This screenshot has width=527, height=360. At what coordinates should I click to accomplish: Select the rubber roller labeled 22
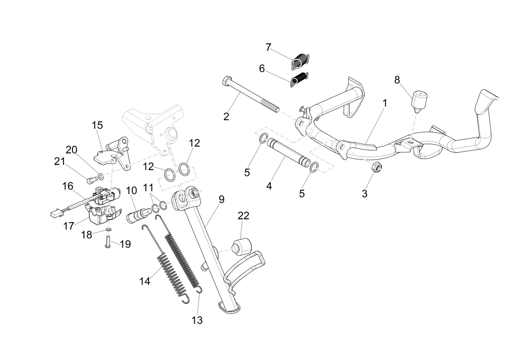coord(241,247)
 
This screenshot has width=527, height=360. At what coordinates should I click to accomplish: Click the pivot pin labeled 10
coord(137,215)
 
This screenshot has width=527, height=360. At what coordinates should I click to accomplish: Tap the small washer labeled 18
coord(109,229)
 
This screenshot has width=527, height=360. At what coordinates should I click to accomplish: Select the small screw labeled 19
coord(107,241)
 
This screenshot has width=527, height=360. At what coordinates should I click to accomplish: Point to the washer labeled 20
coord(101,176)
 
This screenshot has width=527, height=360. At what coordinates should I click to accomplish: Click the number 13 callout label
coord(197,320)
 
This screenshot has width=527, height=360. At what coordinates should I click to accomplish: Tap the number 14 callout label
coord(145,281)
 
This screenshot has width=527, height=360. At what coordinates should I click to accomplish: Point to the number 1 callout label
coord(384,103)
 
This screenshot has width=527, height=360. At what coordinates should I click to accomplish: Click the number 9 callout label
coord(221,199)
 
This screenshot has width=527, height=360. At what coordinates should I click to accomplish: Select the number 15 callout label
coord(97,125)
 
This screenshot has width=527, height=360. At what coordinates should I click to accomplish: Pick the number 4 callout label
coord(269,186)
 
